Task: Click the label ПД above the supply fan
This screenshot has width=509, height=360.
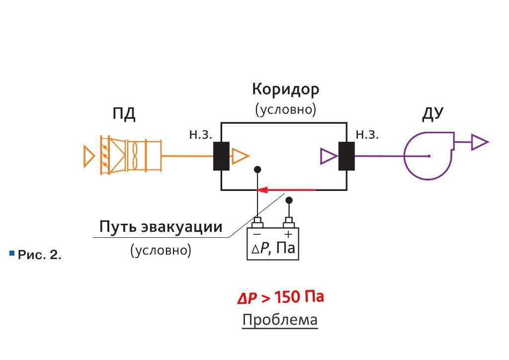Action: (x=124, y=114)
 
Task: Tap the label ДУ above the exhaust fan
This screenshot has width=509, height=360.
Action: (x=433, y=113)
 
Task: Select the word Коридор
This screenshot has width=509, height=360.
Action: (x=286, y=90)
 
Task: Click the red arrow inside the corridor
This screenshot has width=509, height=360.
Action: (x=286, y=189)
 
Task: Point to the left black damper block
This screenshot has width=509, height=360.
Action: (x=221, y=156)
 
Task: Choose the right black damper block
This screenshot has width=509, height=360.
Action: (x=346, y=156)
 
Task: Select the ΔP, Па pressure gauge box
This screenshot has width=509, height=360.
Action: (x=273, y=244)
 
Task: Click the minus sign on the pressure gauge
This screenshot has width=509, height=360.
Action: (x=257, y=234)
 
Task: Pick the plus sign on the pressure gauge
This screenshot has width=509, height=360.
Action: (x=288, y=234)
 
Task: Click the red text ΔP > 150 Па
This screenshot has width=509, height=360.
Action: (x=281, y=297)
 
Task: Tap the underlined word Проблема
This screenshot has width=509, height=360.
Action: (x=280, y=320)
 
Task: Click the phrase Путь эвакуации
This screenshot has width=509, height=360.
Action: (x=161, y=227)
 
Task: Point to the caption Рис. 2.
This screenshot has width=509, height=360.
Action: (x=40, y=255)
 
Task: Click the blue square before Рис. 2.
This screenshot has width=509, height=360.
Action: (x=12, y=253)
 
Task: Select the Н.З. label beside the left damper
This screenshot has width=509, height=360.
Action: (x=201, y=135)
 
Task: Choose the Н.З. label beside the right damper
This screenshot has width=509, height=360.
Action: (x=367, y=135)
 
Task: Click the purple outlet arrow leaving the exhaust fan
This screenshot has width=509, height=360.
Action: (x=480, y=142)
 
